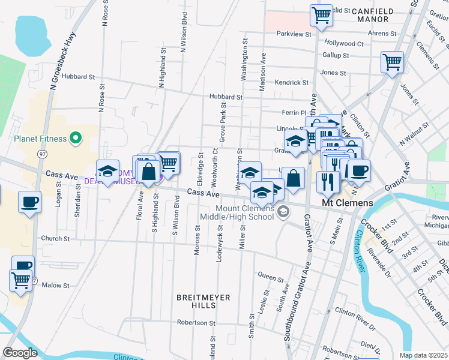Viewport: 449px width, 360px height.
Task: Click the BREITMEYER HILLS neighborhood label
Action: pyautogui.click(x=196, y=301)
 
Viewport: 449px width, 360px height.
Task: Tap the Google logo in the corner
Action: pyautogui.click(x=20, y=353)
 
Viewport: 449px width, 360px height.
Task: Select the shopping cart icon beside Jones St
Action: pyautogui.click(x=392, y=61)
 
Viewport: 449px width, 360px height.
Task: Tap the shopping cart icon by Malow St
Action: pyautogui.click(x=20, y=280)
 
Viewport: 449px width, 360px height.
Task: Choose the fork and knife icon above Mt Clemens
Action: pyautogui.click(x=328, y=181)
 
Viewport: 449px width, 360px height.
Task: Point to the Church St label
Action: pyautogui.click(x=56, y=238)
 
